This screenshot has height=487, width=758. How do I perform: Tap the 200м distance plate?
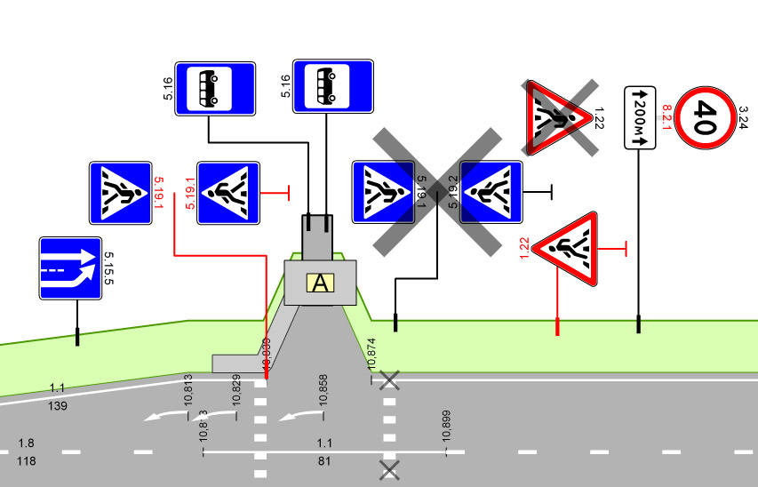pyautogui.click(x=640, y=117)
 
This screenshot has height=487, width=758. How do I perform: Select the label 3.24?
pyautogui.click(x=745, y=117)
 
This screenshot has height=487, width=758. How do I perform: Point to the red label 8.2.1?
pyautogui.click(x=668, y=118)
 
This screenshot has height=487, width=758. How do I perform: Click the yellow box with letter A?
pyautogui.click(x=320, y=283)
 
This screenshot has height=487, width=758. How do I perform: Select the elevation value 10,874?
pyautogui.click(x=371, y=354)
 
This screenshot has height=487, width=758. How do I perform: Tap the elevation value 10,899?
pyautogui.click(x=446, y=427)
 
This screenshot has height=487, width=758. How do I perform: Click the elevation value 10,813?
pyautogui.click(x=188, y=390)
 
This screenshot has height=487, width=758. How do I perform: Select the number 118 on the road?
pyautogui.click(x=27, y=461)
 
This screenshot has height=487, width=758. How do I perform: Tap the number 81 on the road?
pyautogui.click(x=323, y=461)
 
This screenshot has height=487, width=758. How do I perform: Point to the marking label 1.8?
pyautogui.click(x=27, y=443)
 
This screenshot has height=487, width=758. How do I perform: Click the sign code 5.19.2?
pyautogui.click(x=451, y=192)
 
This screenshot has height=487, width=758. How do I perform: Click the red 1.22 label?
pyautogui.click(x=524, y=248)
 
